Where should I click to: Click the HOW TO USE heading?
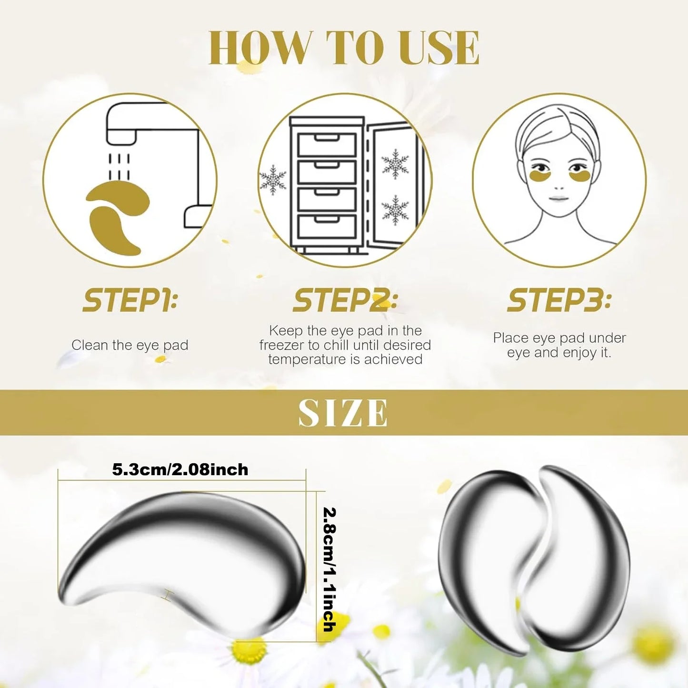tap(344, 48)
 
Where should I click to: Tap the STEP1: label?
tap(130, 301)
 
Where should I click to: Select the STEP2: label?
tap(345, 301)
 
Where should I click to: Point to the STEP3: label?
tap(559, 301)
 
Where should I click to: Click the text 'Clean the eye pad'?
tap(130, 345)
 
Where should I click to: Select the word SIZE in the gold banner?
tap(343, 413)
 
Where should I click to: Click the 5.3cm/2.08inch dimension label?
tap(180, 470)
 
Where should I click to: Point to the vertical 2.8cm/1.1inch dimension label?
tap(329, 569)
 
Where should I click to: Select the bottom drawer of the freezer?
tap(327, 227)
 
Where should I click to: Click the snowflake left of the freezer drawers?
tap(273, 180)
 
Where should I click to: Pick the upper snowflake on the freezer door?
tap(395, 164)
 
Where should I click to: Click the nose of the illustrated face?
tap(559, 186)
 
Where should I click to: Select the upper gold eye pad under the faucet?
tap(119, 200)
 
